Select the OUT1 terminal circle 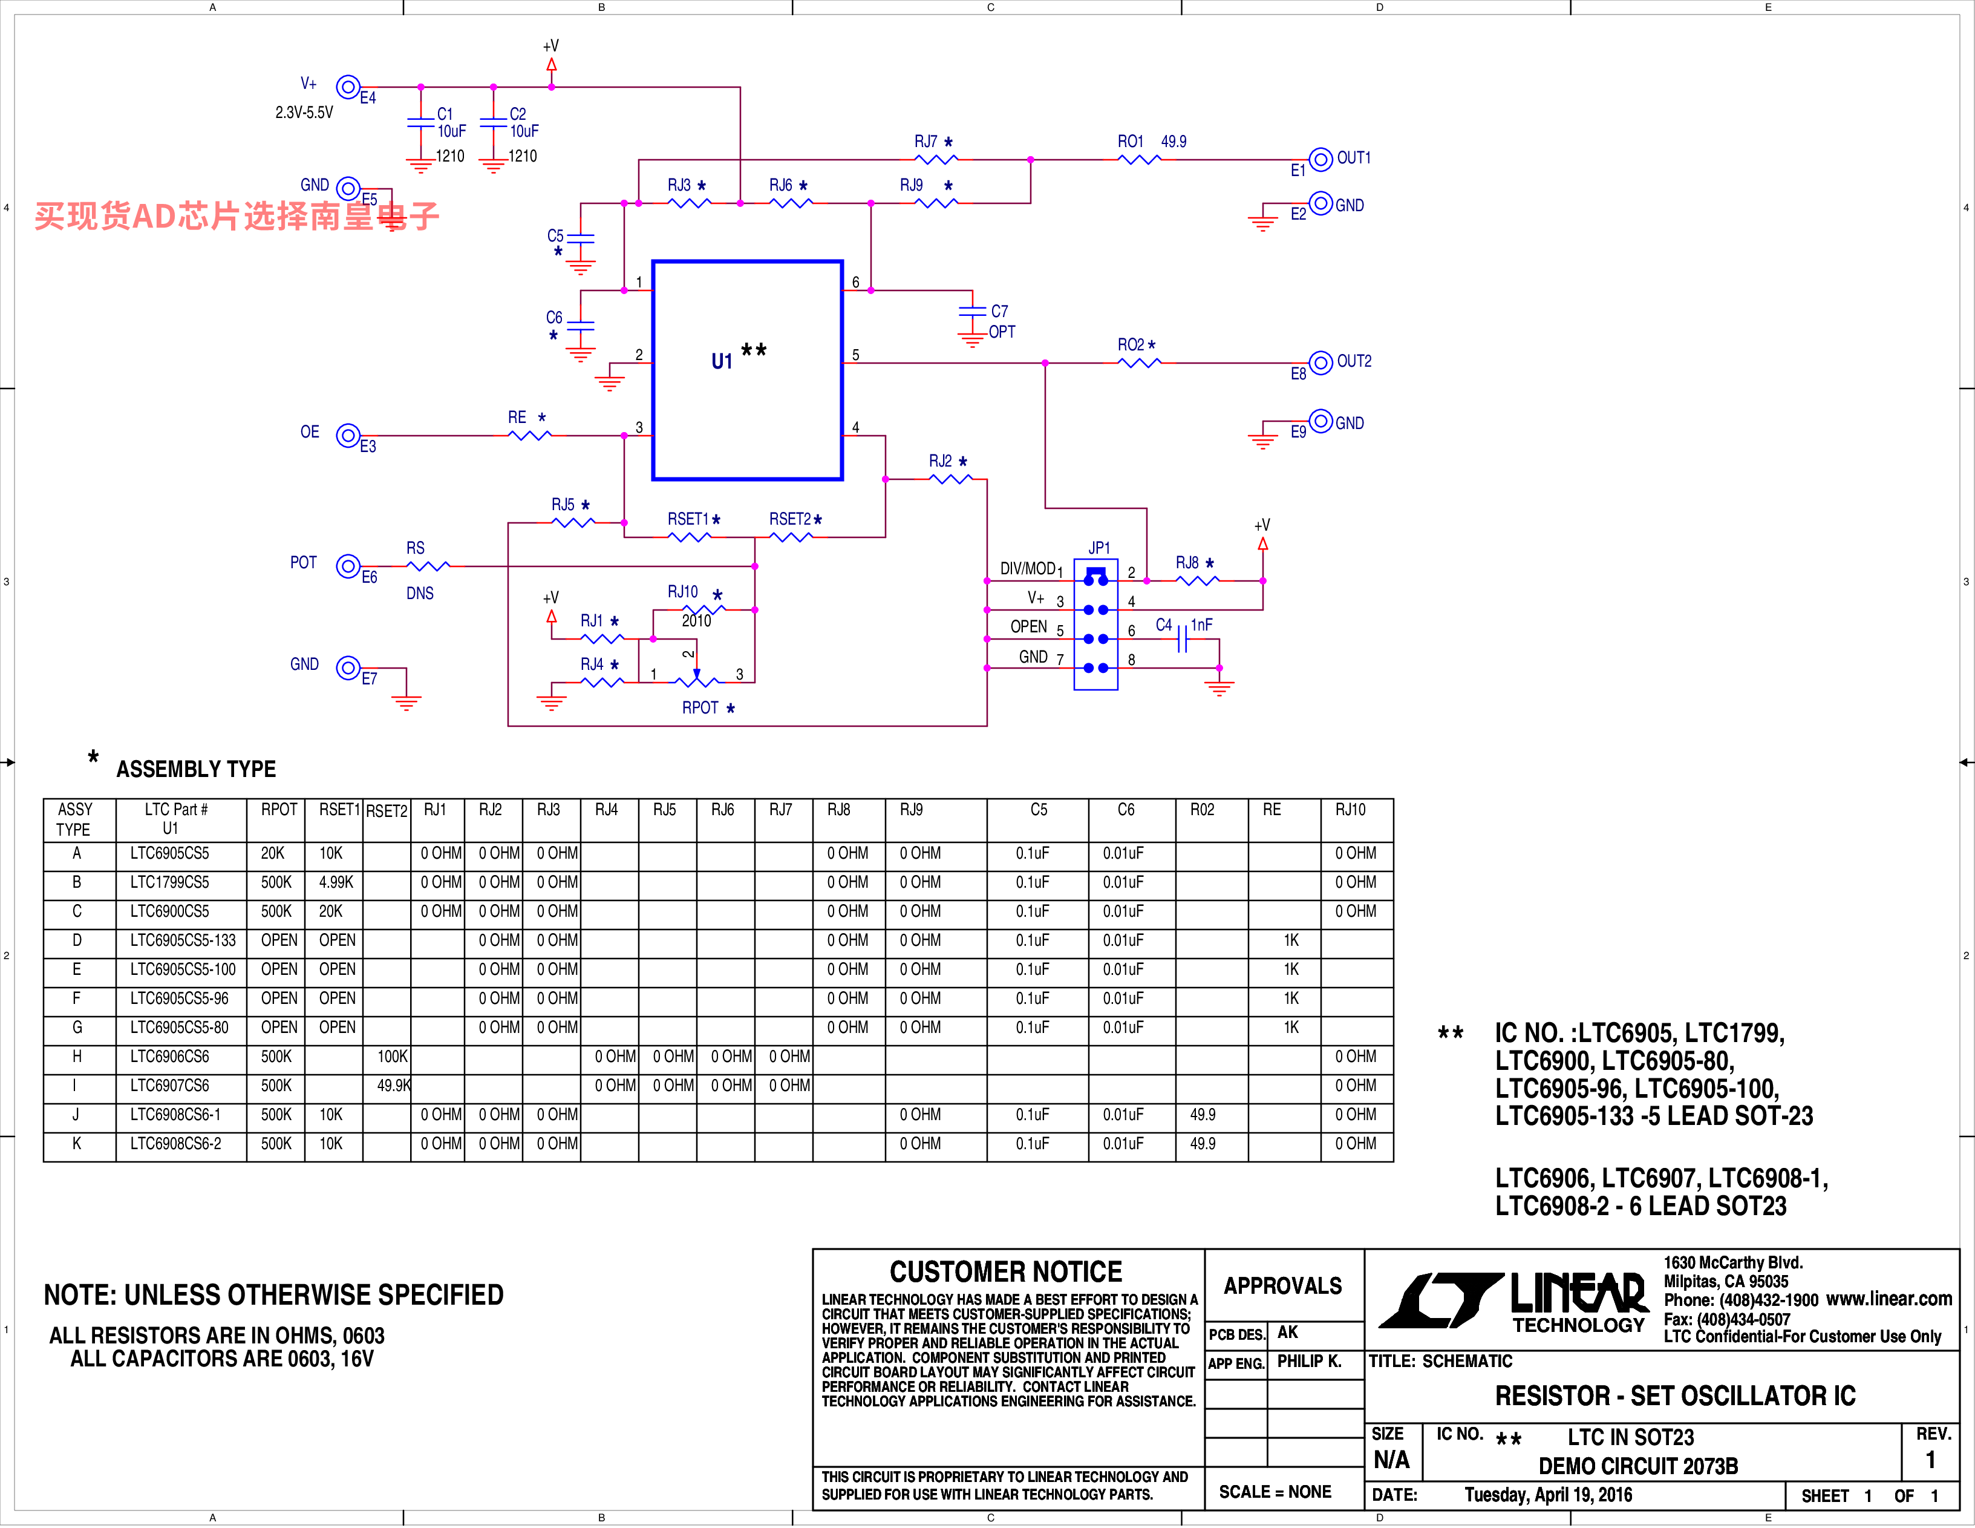(x=1320, y=159)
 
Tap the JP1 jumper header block (x=1096, y=625)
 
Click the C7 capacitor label (x=999, y=311)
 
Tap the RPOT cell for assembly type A (x=273, y=853)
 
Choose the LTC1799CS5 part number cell (x=169, y=882)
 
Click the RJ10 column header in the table (x=1350, y=810)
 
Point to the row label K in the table (x=76, y=1144)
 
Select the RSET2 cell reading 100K (x=393, y=1057)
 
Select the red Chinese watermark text (x=237, y=216)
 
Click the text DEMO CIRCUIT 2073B (x=1637, y=1466)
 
